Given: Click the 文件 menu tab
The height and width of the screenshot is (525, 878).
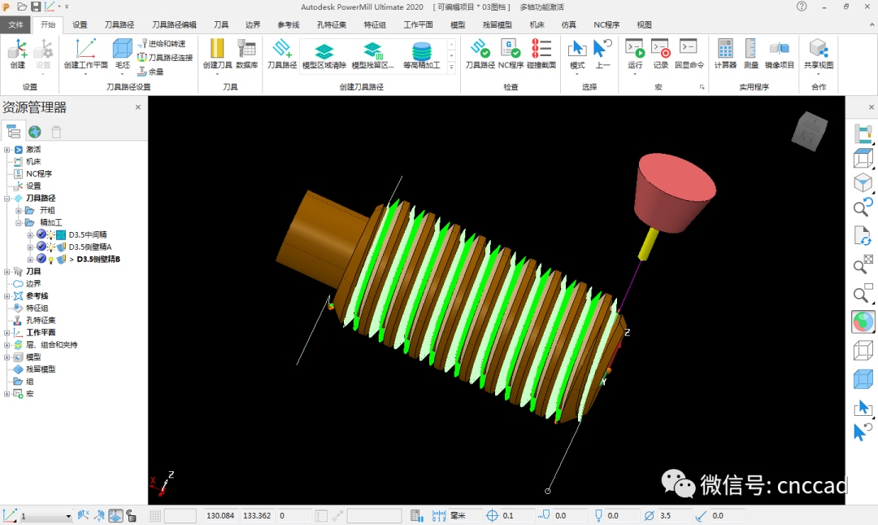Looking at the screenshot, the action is (x=15, y=24).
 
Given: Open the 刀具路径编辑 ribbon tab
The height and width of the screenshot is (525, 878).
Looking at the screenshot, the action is (x=174, y=24).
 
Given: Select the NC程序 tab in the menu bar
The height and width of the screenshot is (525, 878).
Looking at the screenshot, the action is (x=606, y=24).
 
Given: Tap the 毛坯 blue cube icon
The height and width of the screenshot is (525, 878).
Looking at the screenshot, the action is (x=122, y=49).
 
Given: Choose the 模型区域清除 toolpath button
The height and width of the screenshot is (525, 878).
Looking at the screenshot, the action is (x=324, y=55).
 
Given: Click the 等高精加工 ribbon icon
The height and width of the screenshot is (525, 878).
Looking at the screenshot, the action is (x=422, y=55).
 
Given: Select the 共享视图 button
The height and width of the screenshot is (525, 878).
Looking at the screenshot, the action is (x=819, y=55).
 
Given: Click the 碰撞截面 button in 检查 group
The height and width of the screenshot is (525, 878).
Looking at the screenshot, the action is (x=541, y=55).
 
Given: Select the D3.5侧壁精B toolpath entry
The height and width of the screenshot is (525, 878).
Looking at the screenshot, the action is (x=98, y=259).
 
